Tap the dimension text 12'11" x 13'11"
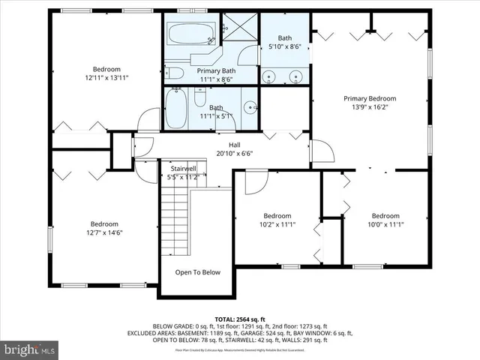pyautogui.click(x=106, y=77)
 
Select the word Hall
pyautogui.click(x=234, y=145)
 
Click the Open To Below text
pyautogui.click(x=198, y=272)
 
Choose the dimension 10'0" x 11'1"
pyautogui.click(x=385, y=224)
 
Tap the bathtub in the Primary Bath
pyautogui.click(x=192, y=34)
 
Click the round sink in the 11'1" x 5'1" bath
pyautogui.click(x=249, y=106)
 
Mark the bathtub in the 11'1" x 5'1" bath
pyautogui.click(x=177, y=108)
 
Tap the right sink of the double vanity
pyautogui.click(x=295, y=76)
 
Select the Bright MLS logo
pyautogui.click(x=29, y=349)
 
